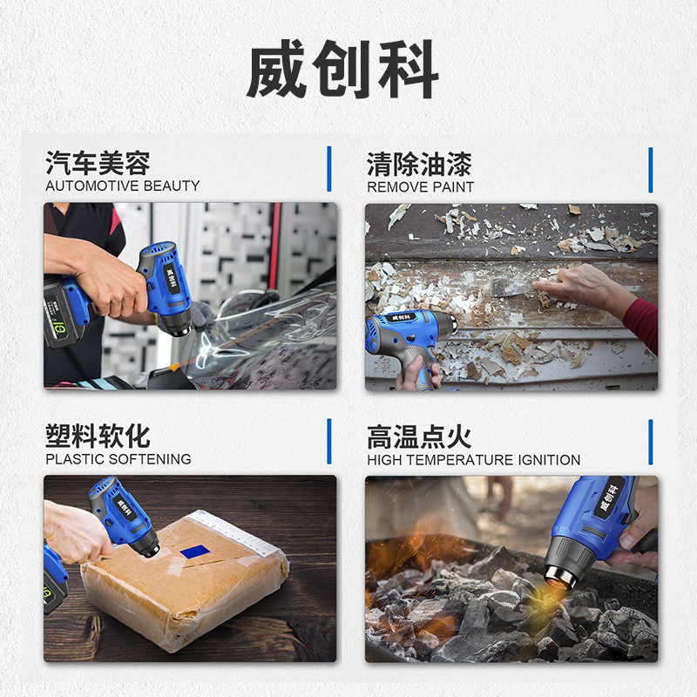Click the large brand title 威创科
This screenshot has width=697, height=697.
(x=342, y=69)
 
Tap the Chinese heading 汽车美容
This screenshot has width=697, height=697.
(x=98, y=163)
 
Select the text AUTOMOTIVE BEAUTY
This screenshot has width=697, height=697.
(x=123, y=186)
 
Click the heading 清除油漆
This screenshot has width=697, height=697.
(x=419, y=165)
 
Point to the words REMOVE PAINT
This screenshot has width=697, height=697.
(x=421, y=187)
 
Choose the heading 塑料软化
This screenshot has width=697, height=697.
(x=98, y=436)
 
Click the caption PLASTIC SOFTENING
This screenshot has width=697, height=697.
(x=118, y=459)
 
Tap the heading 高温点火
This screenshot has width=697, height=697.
(x=419, y=437)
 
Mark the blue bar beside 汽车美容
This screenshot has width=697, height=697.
(x=329, y=169)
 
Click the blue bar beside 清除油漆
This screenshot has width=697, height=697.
(x=651, y=170)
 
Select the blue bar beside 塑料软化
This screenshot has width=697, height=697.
(x=329, y=442)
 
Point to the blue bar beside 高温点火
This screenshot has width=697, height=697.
(x=651, y=443)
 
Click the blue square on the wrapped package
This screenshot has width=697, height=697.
(x=194, y=552)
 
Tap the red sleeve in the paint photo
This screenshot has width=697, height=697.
(x=642, y=323)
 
